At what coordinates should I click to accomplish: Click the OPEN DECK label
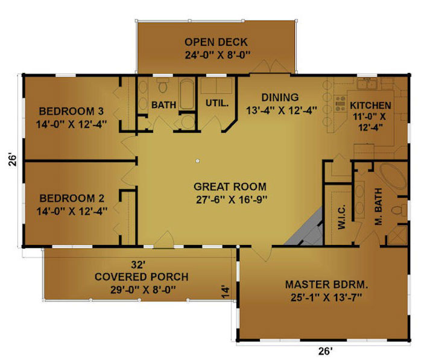(216, 42)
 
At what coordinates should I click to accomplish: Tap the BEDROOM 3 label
(71, 111)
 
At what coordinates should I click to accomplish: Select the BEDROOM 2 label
(72, 198)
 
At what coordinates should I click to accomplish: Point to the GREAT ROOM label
(230, 186)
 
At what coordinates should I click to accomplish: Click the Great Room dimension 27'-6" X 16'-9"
(232, 200)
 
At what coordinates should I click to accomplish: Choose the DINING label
(280, 97)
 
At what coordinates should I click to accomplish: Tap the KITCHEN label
(370, 106)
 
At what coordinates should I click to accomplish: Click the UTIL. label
(217, 103)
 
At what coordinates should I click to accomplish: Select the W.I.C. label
(342, 217)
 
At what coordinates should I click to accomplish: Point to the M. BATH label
(379, 207)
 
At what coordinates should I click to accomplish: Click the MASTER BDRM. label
(327, 285)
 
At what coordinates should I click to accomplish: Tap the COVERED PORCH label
(142, 277)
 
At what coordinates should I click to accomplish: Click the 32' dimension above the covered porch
(138, 265)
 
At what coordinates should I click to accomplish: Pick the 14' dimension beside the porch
(225, 292)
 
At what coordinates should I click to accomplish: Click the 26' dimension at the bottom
(326, 351)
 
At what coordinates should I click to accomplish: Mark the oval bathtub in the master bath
(393, 176)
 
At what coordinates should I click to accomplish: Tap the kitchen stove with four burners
(340, 103)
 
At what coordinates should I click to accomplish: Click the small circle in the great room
(197, 161)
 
